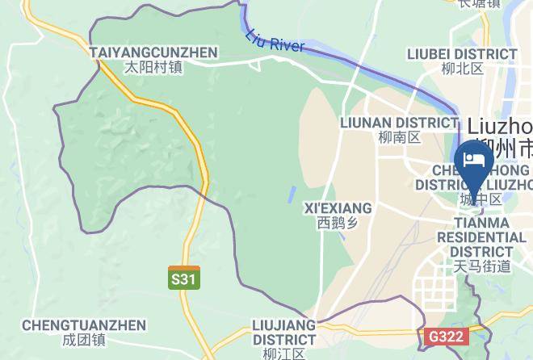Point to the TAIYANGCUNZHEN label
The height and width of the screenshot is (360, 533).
coord(154,52)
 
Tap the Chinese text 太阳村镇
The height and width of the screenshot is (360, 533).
coord(154,68)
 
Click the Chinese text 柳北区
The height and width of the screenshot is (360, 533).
coord(463,69)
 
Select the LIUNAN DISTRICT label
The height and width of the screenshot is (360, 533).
coord(399,123)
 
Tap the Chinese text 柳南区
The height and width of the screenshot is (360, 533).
coord(399,137)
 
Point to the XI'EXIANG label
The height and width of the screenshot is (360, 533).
coord(338,207)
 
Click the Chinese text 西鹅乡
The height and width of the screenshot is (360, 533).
coord(338,222)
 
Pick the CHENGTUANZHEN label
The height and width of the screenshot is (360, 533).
coord(84,325)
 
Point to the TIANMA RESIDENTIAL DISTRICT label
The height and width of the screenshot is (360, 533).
coord(481,237)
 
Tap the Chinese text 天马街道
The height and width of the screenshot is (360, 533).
coord(482,266)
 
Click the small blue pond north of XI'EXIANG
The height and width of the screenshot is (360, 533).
coord(291,195)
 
